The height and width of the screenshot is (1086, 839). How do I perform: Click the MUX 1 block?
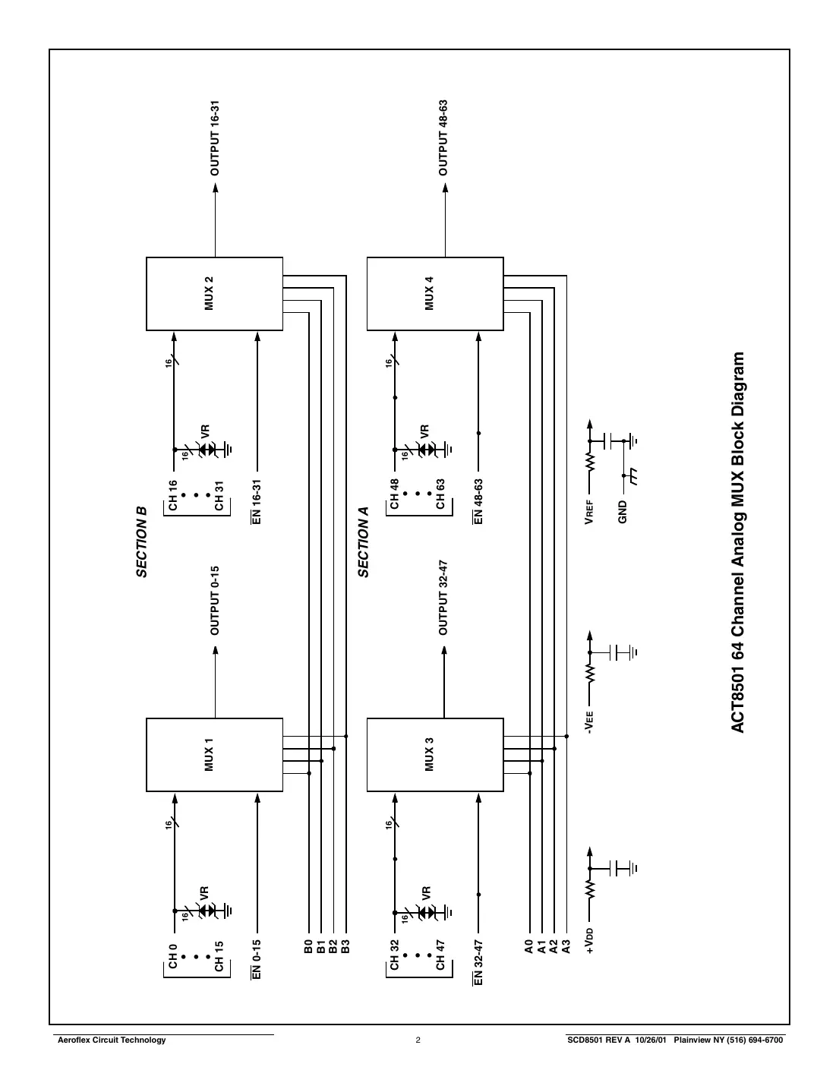pyautogui.click(x=214, y=755)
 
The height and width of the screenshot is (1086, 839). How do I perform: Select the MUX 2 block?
pyautogui.click(x=214, y=294)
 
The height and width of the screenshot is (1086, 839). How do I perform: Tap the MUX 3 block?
pyautogui.click(x=435, y=755)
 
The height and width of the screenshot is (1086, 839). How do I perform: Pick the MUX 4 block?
pyautogui.click(x=435, y=294)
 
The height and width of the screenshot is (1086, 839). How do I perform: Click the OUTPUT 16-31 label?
pyautogui.click(x=215, y=137)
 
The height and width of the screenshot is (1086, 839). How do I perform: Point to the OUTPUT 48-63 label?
pyautogui.click(x=443, y=137)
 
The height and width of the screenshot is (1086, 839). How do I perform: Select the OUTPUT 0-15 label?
pyautogui.click(x=215, y=600)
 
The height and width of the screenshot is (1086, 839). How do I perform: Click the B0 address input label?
pyautogui.click(x=308, y=946)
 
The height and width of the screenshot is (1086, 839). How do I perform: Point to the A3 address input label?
pyautogui.click(x=566, y=946)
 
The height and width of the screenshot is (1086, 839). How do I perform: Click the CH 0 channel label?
pyautogui.click(x=173, y=955)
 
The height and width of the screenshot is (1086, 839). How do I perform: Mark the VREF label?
pyautogui.click(x=589, y=512)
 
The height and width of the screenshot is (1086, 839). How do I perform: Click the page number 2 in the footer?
pyautogui.click(x=418, y=1040)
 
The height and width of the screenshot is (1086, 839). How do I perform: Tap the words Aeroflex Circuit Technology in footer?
pyautogui.click(x=112, y=1040)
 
